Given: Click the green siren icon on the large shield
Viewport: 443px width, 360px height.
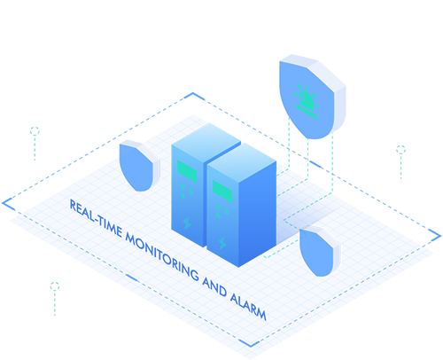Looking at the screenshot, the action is [x=307, y=102].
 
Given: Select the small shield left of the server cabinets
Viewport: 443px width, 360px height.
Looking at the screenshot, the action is [x=139, y=166].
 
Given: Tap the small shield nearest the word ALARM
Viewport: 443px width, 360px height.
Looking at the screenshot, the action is [x=320, y=251].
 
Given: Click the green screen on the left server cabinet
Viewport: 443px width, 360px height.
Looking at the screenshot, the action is [x=187, y=171].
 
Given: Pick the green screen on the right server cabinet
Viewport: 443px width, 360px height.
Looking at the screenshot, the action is [x=222, y=192].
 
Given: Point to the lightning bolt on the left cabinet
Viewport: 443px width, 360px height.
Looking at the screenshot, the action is [x=187, y=223].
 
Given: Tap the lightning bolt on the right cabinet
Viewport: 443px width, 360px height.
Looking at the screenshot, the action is [x=222, y=243].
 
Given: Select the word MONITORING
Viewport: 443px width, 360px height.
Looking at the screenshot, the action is [x=162, y=256].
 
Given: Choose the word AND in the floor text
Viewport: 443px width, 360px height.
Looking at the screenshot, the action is [x=214, y=286].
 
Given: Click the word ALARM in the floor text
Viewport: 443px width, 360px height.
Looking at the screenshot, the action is [x=248, y=306].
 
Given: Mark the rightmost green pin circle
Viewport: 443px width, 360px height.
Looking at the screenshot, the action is [x=400, y=150].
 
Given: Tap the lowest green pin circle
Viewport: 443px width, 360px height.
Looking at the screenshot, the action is [x=55, y=286].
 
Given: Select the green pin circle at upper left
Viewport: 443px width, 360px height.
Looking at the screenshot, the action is [x=35, y=131].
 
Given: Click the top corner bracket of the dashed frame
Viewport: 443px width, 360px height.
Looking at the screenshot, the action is [x=193, y=94].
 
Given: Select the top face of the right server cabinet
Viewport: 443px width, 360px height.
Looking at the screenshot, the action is [x=242, y=162].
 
